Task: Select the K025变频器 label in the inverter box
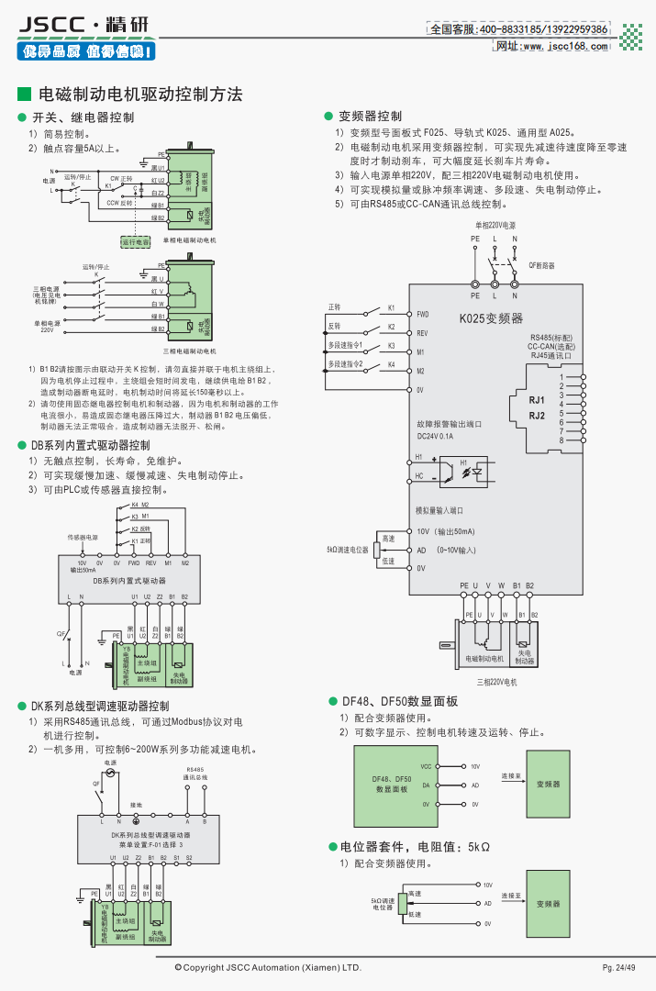click(491, 318)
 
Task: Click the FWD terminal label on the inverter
click(423, 314)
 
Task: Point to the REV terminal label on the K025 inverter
click(423, 333)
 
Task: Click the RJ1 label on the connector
click(537, 401)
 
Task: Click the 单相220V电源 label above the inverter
click(495, 225)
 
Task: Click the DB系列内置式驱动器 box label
click(129, 581)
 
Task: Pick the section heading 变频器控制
click(370, 117)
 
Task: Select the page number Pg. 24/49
click(618, 968)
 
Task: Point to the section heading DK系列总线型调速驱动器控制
click(100, 707)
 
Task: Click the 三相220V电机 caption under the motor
click(497, 682)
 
